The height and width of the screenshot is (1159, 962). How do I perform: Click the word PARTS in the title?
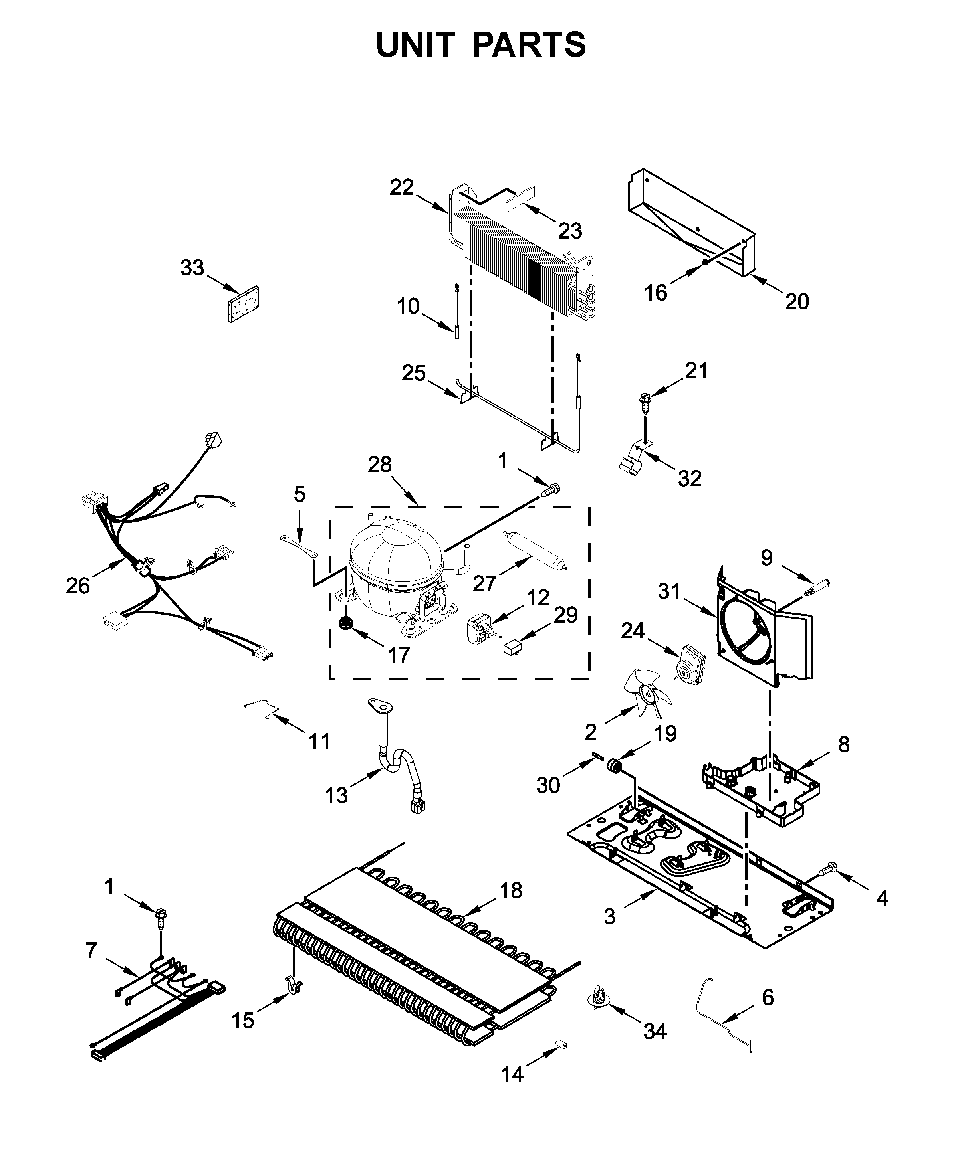[x=529, y=45]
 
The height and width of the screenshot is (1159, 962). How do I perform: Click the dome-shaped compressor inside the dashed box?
[x=395, y=566]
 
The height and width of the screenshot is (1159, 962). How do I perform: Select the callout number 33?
[x=192, y=268]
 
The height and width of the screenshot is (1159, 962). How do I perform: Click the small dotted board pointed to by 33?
[x=244, y=304]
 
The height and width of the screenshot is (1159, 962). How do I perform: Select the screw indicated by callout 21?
[x=643, y=400]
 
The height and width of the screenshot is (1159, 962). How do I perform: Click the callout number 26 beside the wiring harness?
[x=77, y=585]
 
